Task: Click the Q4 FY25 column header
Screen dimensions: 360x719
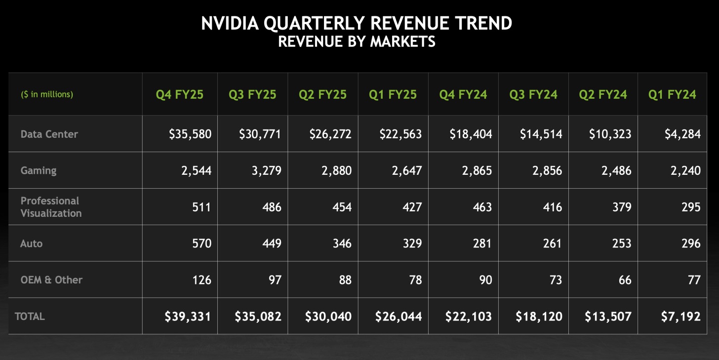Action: [180, 94]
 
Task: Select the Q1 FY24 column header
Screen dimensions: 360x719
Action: [672, 94]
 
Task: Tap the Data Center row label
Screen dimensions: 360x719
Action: [49, 134]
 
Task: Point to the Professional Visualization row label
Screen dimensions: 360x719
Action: [51, 207]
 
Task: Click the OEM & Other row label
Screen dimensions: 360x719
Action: [51, 280]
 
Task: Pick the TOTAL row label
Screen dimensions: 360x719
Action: [30, 317]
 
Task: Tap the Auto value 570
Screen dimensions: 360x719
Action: [202, 243]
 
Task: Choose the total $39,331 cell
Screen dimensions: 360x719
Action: [188, 317]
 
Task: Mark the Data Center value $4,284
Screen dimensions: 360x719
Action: [681, 134]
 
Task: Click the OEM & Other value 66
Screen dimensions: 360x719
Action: [625, 280]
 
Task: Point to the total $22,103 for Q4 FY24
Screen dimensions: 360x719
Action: [469, 317]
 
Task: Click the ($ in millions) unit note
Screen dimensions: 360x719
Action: [47, 94]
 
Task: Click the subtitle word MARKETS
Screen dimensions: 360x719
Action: [403, 41]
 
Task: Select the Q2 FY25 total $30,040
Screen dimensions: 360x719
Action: [328, 317]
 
